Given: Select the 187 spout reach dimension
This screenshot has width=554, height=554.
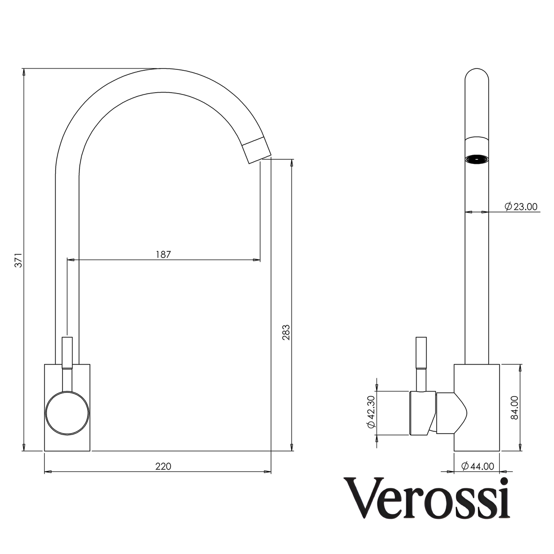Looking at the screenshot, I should pos(163,254).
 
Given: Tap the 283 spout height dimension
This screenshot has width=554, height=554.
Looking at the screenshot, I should pos(286,333).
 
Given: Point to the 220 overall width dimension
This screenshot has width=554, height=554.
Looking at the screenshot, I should pos(163,466).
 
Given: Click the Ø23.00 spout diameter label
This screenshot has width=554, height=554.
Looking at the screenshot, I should pos(521,207).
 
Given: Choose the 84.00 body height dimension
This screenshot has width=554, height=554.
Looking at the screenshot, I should pos(514,408).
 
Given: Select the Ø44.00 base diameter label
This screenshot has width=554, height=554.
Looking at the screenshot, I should pos(477,466).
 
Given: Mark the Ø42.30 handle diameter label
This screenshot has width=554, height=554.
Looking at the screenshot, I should pos(371,413).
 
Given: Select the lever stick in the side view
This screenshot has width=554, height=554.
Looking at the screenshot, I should pos(421,363).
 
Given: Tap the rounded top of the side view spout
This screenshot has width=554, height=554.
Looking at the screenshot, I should pos(476,76).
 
